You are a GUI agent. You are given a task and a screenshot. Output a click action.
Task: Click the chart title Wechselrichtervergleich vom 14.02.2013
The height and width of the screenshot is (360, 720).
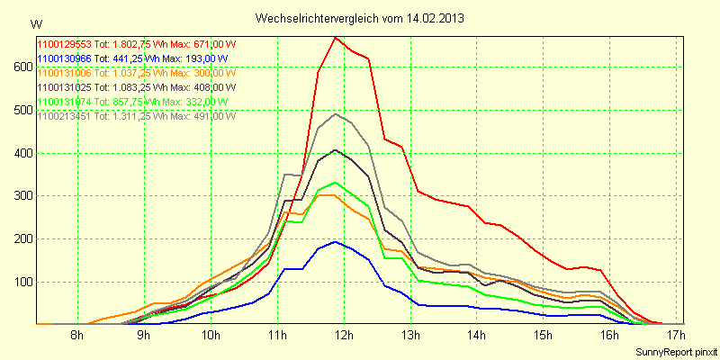pyautogui.click(x=360, y=18)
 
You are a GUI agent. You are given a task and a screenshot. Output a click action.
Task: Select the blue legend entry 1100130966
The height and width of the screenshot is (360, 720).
pyautogui.click(x=130, y=58)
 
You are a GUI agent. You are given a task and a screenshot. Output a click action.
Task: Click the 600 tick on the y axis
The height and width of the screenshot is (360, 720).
pyautogui.click(x=20, y=67)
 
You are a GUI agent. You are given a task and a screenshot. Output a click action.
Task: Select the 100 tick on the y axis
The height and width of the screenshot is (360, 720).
pyautogui.click(x=20, y=282)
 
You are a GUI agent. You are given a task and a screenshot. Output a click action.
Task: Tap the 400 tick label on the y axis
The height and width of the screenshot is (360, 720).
pyautogui.click(x=20, y=153)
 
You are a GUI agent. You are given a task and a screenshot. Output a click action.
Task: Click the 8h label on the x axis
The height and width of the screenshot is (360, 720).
pyautogui.click(x=77, y=337)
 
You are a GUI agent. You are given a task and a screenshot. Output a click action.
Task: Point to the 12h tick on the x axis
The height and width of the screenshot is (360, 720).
pyautogui.click(x=344, y=337)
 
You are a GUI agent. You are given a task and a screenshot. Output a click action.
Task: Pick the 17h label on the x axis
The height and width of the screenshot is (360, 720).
pyautogui.click(x=676, y=337)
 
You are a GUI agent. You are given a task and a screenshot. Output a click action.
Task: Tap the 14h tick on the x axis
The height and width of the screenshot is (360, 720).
pyautogui.click(x=476, y=337)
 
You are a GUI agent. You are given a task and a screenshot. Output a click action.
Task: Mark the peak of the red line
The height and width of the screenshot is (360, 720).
pyautogui.click(x=335, y=37)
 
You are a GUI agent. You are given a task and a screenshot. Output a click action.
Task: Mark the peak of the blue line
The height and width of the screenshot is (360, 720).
pyautogui.click(x=335, y=241)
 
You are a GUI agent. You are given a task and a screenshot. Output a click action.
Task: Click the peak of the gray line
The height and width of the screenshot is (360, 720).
pyautogui.click(x=335, y=113)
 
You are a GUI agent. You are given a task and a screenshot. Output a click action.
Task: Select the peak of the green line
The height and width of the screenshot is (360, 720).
pyautogui.click(x=335, y=182)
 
